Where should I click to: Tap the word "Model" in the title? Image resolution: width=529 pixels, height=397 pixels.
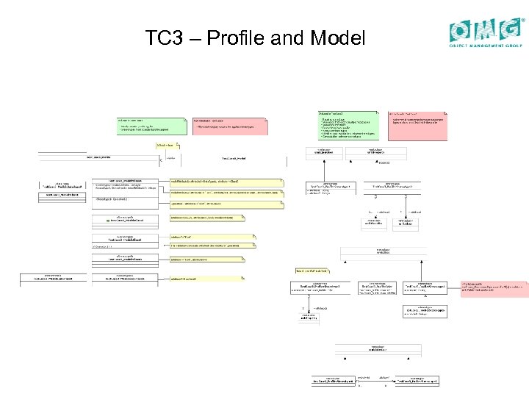click(x=337, y=37)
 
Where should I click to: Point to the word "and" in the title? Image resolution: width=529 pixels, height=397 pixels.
click(x=287, y=37)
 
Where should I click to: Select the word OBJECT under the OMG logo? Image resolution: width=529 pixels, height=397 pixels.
click(x=462, y=46)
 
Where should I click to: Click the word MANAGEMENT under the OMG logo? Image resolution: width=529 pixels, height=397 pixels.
click(x=489, y=46)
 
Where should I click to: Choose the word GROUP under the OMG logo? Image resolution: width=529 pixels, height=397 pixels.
click(x=515, y=46)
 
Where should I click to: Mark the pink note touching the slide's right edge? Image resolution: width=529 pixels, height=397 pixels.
click(x=494, y=288)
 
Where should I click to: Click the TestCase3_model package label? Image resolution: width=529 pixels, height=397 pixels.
click(x=235, y=158)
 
